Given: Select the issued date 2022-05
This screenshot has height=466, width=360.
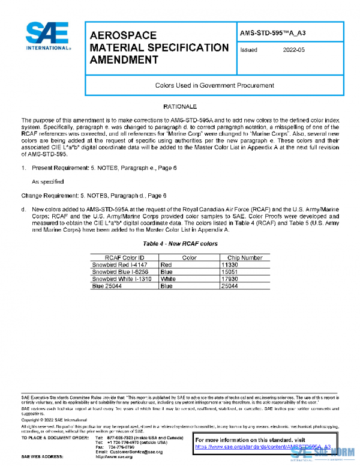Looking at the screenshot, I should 293,50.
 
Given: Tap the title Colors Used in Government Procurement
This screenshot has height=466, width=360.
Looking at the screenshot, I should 214,86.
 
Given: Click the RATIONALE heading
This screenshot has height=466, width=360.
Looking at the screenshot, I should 179,106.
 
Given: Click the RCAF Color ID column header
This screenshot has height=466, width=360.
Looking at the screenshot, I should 125,258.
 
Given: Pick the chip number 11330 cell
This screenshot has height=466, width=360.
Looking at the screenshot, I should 230,264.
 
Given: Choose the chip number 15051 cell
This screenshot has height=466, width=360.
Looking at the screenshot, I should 230,271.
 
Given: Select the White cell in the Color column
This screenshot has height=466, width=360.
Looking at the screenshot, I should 168,279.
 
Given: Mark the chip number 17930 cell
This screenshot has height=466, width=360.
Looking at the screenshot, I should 230,279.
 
